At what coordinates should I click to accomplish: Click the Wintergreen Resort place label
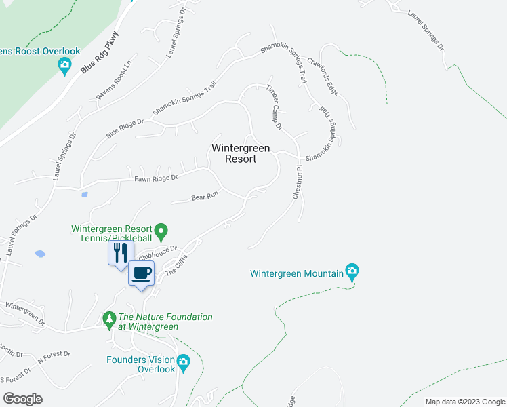click(241, 153)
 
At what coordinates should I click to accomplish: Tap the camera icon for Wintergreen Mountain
click(352, 272)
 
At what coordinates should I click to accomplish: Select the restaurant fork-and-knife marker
click(119, 254)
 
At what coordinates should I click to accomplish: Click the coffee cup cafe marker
click(142, 273)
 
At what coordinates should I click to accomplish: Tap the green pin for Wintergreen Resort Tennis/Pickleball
click(161, 232)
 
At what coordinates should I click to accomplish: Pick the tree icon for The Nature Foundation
click(108, 318)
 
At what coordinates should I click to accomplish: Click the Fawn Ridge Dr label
click(155, 178)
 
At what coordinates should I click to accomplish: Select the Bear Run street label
click(204, 197)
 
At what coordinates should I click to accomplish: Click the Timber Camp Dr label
click(274, 107)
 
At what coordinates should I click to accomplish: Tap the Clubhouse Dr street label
click(157, 252)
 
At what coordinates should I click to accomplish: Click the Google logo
click(22, 399)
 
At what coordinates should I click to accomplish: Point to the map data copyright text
click(464, 402)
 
